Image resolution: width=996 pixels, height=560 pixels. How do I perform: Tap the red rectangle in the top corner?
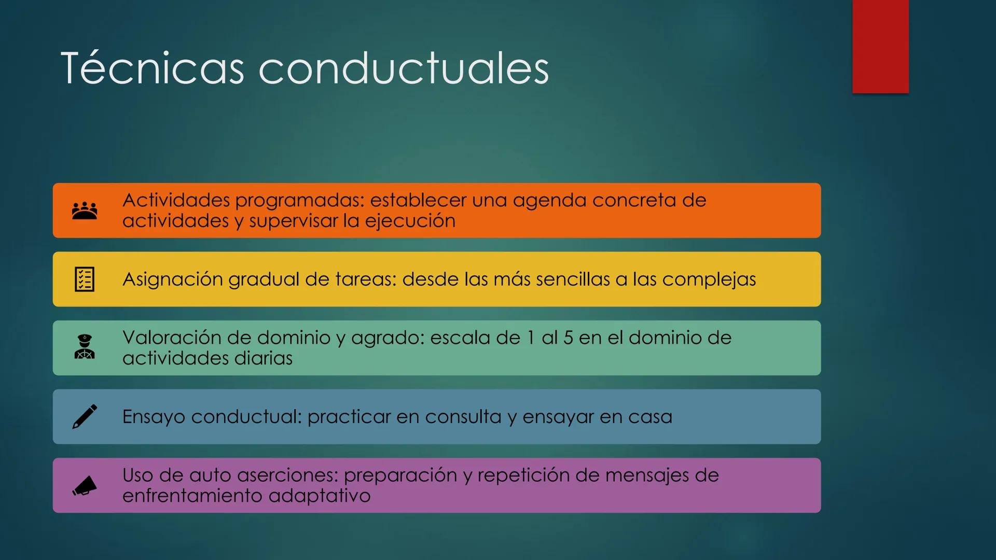click(x=880, y=47)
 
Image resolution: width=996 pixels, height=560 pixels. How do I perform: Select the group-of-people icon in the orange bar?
click(x=85, y=211)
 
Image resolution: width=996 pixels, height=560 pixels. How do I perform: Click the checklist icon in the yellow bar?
click(x=85, y=279)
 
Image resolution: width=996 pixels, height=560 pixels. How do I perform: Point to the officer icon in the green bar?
click(x=85, y=347)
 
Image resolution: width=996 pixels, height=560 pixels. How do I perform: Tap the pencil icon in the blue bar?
click(x=85, y=416)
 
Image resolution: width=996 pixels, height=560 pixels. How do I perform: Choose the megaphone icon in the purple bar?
click(x=85, y=485)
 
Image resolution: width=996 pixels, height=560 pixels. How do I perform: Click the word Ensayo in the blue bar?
click(x=154, y=417)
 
